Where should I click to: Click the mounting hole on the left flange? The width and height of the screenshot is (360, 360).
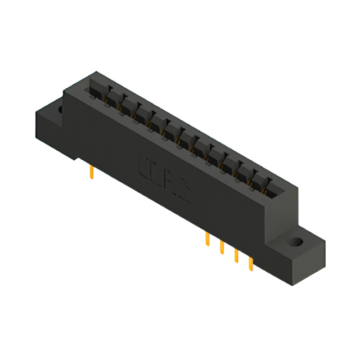click(x=58, y=107)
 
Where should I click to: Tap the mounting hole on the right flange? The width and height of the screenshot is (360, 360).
click(x=294, y=242)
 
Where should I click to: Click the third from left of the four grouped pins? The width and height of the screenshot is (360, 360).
click(x=236, y=255)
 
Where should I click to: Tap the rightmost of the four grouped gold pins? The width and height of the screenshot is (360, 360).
click(x=251, y=264)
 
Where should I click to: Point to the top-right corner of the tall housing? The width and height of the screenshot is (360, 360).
click(x=296, y=187)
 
